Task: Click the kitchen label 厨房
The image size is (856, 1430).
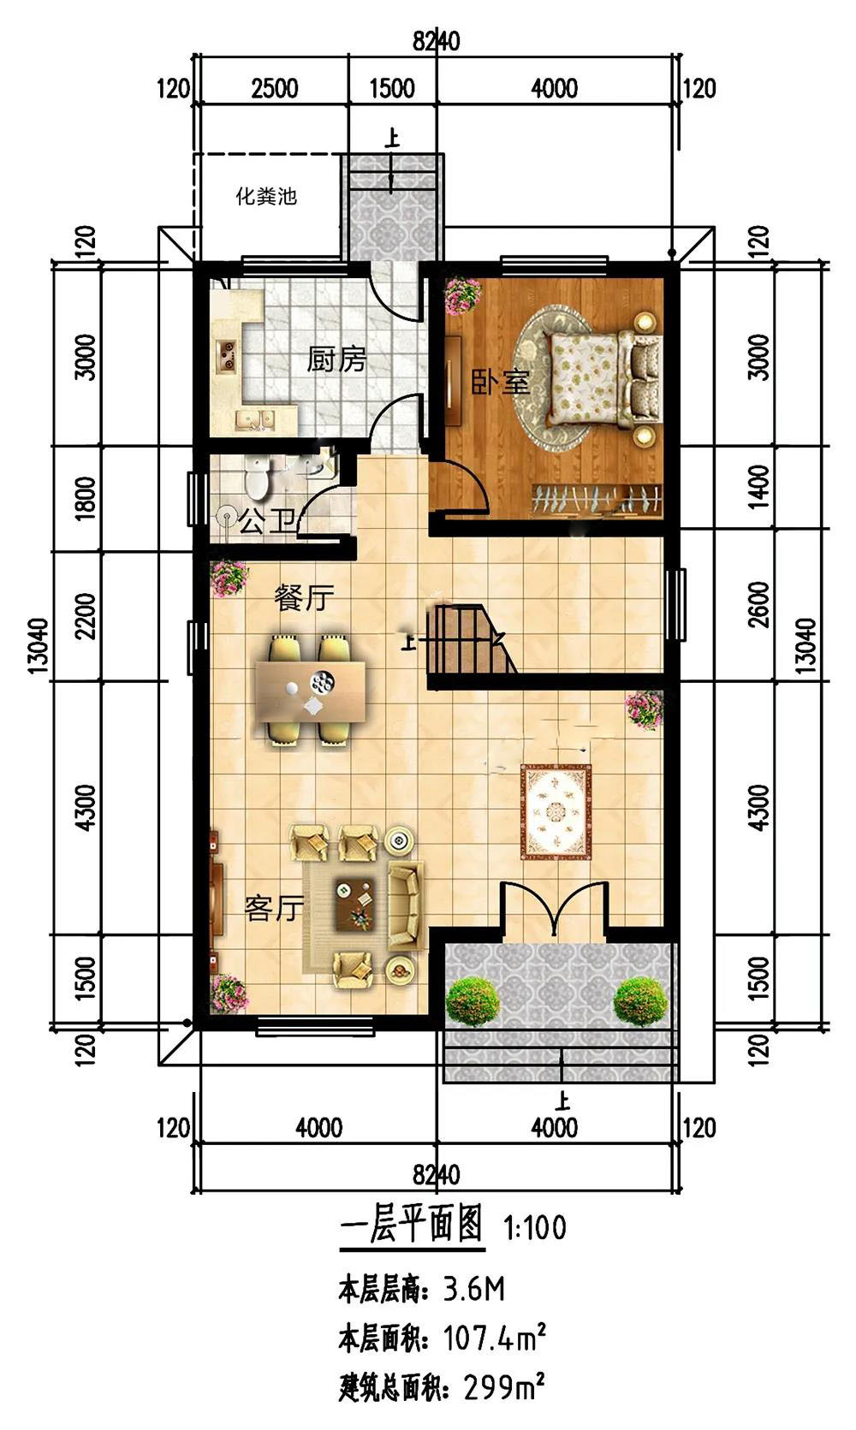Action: point(336,359)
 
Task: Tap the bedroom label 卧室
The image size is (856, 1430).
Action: point(501,382)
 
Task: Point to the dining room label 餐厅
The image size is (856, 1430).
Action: point(304,598)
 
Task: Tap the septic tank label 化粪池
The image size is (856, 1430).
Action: point(267,196)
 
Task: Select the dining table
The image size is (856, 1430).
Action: point(311,691)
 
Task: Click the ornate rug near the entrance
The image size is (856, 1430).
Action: point(556,811)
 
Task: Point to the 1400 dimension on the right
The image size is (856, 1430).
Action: point(758,487)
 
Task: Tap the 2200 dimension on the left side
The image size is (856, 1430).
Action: point(85,616)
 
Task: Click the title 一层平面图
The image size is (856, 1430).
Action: point(412,1224)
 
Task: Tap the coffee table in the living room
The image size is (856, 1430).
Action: point(355,903)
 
